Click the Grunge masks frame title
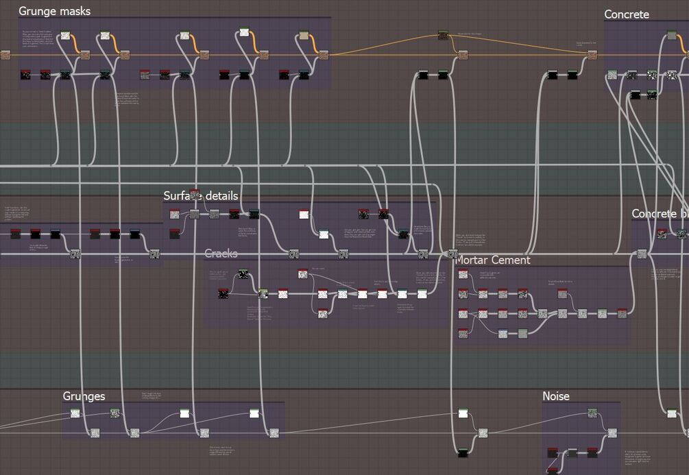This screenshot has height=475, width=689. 54,11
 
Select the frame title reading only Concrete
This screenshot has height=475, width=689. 626,14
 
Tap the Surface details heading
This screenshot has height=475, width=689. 200,196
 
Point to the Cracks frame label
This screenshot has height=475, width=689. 221,254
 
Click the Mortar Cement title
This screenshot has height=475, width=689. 492,260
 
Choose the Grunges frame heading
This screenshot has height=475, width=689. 84,396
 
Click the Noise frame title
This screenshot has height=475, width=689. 555,396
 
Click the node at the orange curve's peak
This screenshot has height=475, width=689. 443,35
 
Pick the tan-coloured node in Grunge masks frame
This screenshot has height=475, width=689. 304,36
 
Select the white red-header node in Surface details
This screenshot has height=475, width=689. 304,215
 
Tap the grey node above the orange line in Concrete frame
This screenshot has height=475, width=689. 672,35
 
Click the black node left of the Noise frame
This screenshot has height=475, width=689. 463,452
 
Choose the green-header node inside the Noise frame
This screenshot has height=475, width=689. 592,413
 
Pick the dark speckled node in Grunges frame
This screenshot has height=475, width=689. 114,413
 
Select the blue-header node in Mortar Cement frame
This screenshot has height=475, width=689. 503,334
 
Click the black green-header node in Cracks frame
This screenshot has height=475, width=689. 243,274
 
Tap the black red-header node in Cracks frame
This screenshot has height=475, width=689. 223,294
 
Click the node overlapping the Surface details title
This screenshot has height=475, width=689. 195,195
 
